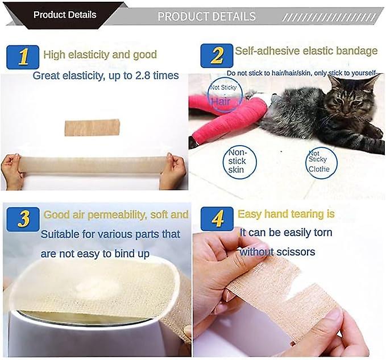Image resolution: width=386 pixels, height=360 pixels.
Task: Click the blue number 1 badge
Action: click(x=23, y=57)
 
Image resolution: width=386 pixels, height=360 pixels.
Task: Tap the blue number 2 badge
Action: click(x=217, y=56)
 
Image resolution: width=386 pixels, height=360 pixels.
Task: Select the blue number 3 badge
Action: click(x=23, y=219)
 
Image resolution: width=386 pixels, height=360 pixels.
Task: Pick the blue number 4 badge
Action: click(x=217, y=219)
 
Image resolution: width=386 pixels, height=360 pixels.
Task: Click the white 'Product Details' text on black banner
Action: click(x=65, y=15)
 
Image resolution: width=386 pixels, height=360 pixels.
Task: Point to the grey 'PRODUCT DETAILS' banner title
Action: click(x=206, y=16)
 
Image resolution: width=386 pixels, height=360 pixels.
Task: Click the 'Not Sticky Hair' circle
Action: click(x=225, y=95)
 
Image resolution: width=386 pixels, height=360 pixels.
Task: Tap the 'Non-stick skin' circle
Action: click(x=239, y=162)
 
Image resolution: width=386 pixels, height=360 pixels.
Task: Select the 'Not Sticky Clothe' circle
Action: click(x=322, y=163)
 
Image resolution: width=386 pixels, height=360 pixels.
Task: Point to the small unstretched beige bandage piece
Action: click(x=92, y=127)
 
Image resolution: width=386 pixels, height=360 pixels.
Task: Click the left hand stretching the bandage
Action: click(x=13, y=171)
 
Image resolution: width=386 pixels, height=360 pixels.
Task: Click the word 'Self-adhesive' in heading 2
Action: click(x=267, y=51)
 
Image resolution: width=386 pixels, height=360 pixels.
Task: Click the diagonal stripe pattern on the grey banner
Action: click(x=329, y=18)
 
